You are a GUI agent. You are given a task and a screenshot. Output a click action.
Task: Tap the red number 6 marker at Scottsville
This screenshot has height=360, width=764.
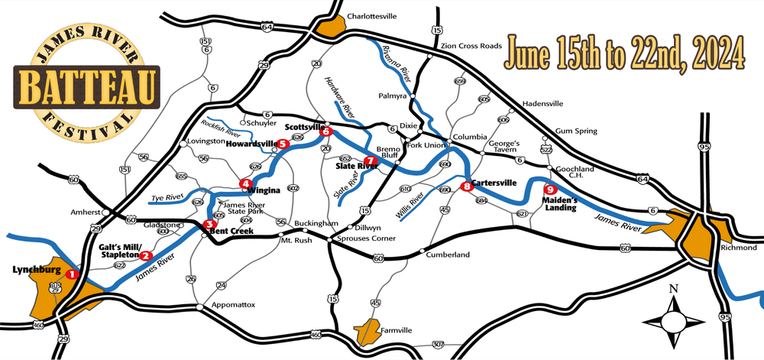(327, 131)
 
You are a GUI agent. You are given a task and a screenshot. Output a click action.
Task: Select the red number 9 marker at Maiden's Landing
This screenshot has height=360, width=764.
(548, 190)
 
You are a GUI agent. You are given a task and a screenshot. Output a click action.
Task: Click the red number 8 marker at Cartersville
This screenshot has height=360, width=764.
(467, 185)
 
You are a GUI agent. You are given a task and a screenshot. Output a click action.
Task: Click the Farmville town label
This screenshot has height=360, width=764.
(396, 330)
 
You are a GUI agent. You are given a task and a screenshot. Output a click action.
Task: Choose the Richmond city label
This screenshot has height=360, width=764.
(738, 248)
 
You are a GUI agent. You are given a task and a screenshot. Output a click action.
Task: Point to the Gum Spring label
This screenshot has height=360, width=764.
(575, 131)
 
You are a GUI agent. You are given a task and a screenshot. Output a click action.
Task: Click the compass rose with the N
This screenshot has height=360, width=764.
(673, 315)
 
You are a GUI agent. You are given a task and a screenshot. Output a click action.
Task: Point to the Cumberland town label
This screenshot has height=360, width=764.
(447, 255)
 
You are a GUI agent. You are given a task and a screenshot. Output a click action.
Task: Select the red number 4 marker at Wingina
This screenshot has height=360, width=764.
(245, 183)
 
